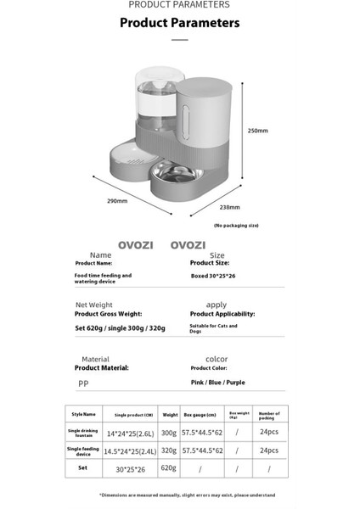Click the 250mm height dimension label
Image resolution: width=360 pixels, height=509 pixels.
pyautogui.click(x=256, y=131)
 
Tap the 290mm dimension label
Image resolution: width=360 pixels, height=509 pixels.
pyautogui.click(x=116, y=201)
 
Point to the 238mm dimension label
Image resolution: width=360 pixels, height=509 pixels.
pyautogui.click(x=228, y=207)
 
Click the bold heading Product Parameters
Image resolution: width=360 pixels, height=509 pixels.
pyautogui.click(x=179, y=23)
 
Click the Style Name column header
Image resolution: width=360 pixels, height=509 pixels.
pyautogui.click(x=83, y=415)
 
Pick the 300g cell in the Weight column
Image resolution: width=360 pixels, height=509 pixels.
pyautogui.click(x=170, y=432)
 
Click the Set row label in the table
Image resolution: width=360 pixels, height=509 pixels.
pyautogui.click(x=83, y=467)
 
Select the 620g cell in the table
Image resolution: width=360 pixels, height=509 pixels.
pyautogui.click(x=170, y=467)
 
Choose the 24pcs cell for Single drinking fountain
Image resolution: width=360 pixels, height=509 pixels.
pyautogui.click(x=268, y=432)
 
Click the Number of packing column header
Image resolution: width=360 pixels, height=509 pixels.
pyautogui.click(x=268, y=415)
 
